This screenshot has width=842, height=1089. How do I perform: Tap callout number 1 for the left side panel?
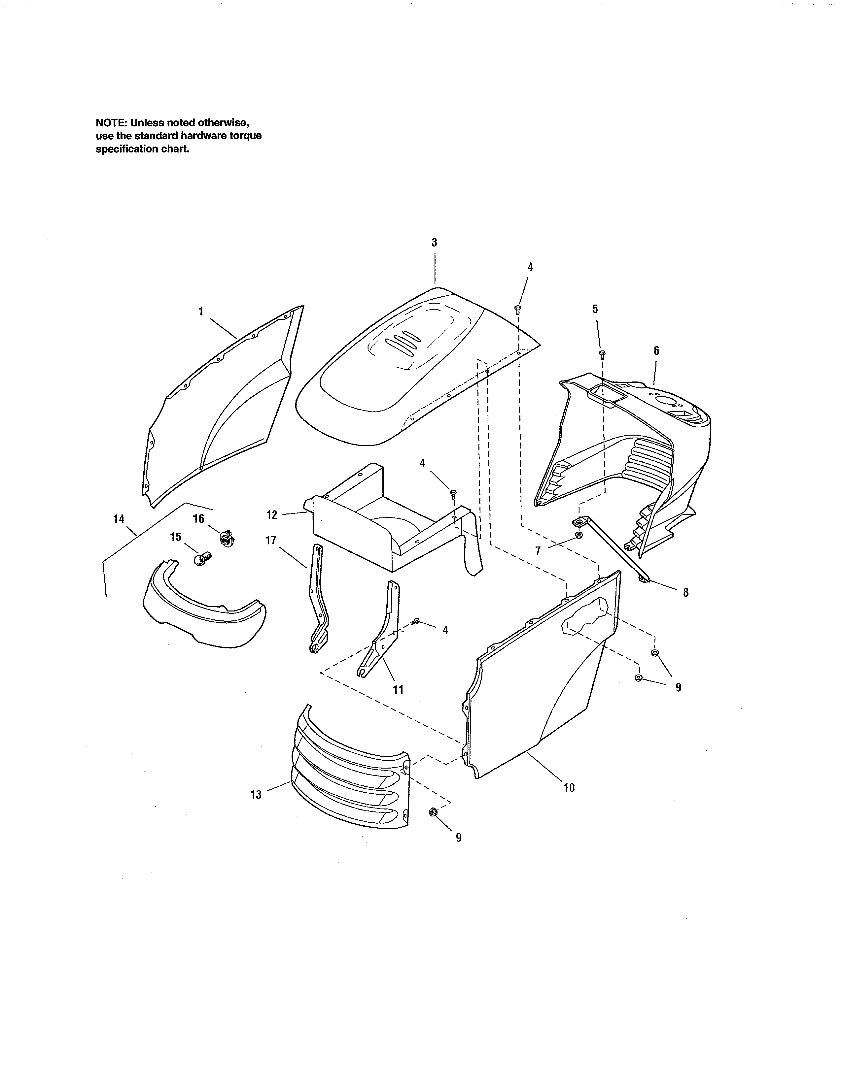click(200, 312)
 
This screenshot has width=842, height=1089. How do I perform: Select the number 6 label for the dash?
click(656, 351)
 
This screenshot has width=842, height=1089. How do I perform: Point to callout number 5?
click(595, 309)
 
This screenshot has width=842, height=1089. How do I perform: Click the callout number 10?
click(569, 788)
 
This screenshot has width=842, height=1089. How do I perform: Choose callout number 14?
click(119, 519)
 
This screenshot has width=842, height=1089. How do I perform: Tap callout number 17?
click(271, 541)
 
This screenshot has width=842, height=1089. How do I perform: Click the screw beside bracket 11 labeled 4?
click(416, 621)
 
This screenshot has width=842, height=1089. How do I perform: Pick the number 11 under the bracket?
click(398, 690)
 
